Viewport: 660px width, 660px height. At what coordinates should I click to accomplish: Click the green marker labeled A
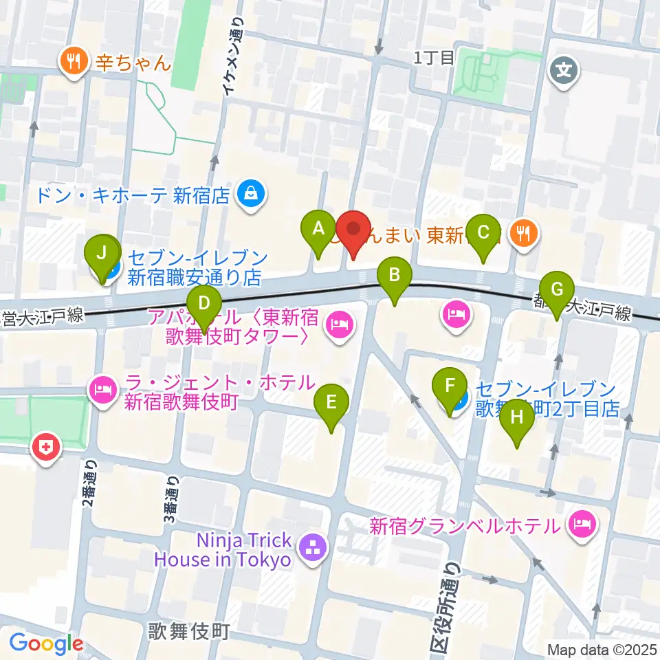[x=318, y=230]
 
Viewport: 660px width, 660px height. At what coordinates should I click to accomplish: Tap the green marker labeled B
[x=394, y=277]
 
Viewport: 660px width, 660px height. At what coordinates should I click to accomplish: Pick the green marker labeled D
[x=203, y=305]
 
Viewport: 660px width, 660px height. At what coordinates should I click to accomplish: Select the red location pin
[x=353, y=231]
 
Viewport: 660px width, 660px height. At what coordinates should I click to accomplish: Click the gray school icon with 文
[x=563, y=70]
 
